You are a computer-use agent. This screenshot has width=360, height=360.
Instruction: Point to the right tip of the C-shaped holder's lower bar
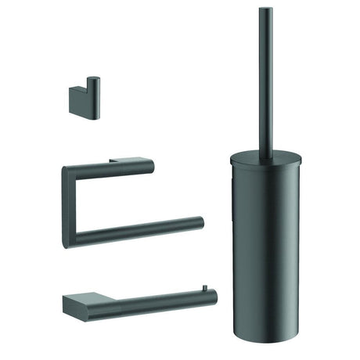pos(200,221)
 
